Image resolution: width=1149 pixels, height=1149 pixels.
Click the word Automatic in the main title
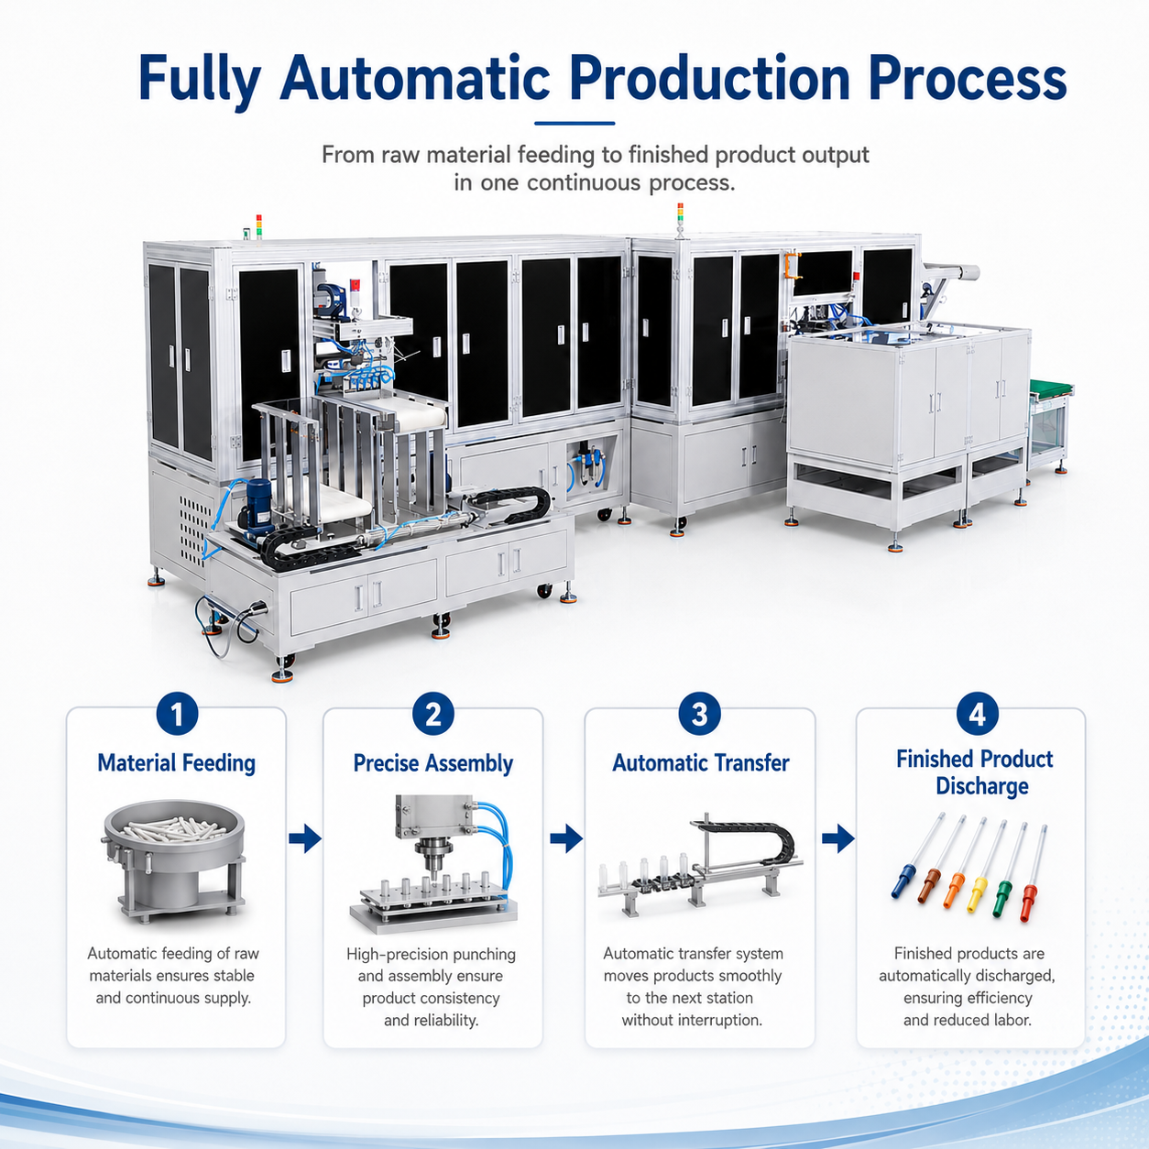[x=415, y=78]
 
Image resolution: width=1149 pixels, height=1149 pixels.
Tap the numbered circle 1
[x=177, y=714]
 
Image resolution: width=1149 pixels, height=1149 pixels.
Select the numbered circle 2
[x=432, y=714]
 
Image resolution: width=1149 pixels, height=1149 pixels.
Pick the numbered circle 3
[x=699, y=714]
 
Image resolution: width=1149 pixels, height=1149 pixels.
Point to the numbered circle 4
[x=978, y=714]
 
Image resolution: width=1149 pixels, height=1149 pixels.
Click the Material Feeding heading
[x=177, y=763]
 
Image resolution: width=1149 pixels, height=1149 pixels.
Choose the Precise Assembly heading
[x=432, y=763]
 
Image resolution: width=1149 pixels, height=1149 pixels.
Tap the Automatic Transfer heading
[x=701, y=762]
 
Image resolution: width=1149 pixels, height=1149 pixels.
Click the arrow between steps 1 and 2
[x=305, y=839]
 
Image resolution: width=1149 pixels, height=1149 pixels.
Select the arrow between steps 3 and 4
[x=837, y=839]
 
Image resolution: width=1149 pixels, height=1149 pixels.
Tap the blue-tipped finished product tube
[x=917, y=855]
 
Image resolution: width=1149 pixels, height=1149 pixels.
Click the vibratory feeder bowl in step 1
[x=173, y=860]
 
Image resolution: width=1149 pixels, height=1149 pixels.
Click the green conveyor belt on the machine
[x=1051, y=388]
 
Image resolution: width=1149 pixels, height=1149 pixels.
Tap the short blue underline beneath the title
[x=574, y=124]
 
